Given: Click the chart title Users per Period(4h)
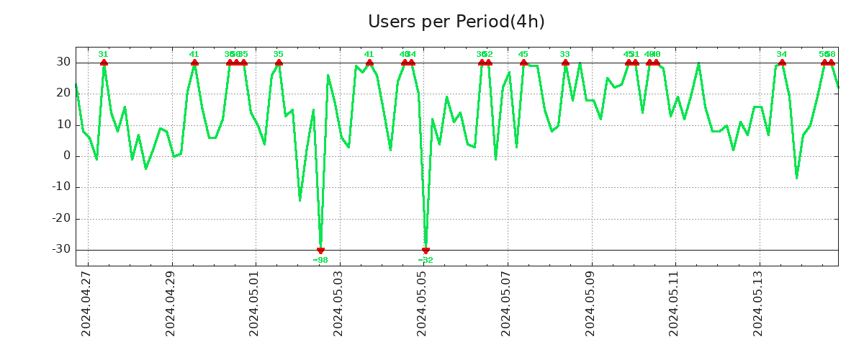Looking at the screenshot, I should point(456,22).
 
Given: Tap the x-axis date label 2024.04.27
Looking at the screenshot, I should point(86,303).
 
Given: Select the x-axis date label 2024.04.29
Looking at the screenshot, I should point(171,303).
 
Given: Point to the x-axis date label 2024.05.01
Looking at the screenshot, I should point(254,303).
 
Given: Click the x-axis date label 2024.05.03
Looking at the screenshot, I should point(338,303).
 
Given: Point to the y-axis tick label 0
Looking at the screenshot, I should point(67,156).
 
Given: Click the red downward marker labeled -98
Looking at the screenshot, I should point(320,251).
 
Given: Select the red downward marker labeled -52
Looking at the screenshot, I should point(426,251).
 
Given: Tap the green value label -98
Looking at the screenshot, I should point(320,260).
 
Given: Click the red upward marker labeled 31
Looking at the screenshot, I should point(104,63).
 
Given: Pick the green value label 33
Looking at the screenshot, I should point(564,54).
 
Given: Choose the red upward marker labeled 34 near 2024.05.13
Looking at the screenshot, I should point(782,63).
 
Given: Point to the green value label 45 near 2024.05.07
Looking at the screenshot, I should point(523,54).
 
